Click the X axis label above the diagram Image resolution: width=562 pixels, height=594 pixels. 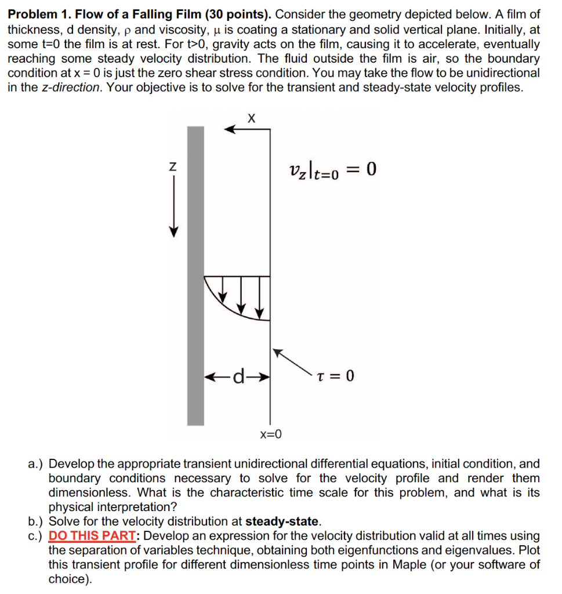(251, 118)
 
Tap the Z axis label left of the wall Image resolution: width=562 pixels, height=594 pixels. (172, 166)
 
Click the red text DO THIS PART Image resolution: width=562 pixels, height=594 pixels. (96, 536)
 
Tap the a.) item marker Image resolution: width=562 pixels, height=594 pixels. (35, 464)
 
